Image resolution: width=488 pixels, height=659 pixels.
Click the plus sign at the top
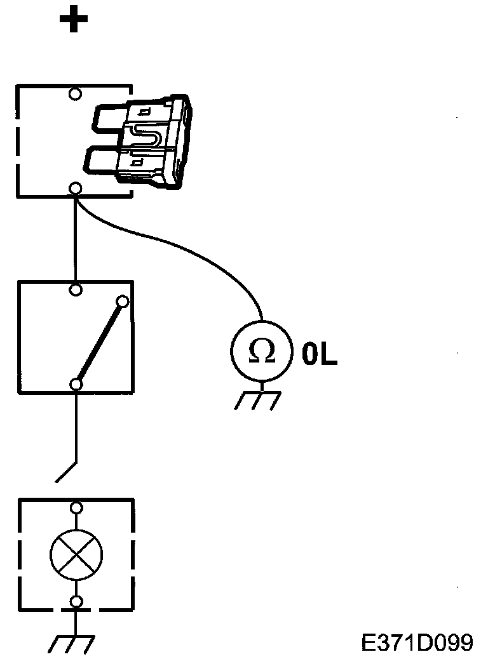tap(74, 21)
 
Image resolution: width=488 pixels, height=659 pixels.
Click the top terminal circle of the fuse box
tap(76, 94)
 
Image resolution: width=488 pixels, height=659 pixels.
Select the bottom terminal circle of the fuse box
tap(76, 188)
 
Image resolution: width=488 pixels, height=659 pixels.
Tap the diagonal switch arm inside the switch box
tap(100, 343)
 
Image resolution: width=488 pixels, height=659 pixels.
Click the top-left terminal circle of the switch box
tap(76, 290)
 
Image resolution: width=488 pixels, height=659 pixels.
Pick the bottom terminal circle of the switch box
tap(76, 383)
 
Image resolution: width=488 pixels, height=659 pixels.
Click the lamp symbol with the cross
tap(76, 554)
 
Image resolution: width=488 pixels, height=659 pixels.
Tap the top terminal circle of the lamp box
tap(76, 508)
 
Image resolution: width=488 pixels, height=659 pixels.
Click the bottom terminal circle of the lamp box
tap(76, 601)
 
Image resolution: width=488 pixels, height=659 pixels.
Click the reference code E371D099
tap(417, 642)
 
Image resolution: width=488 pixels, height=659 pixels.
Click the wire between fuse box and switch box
tap(76, 238)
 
